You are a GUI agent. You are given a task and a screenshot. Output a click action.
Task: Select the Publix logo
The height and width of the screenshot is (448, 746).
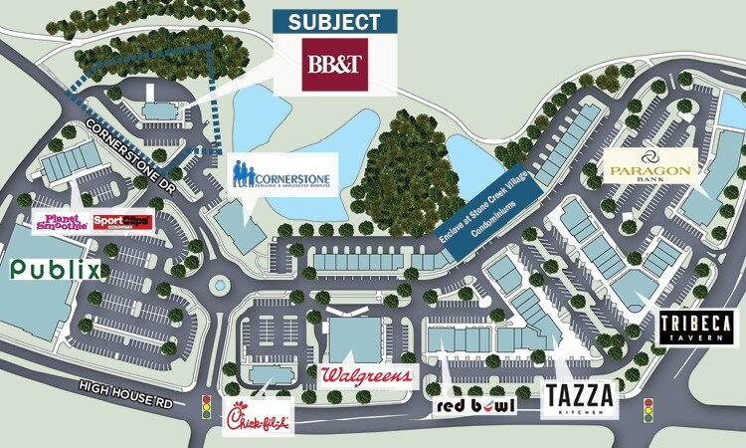(56, 269)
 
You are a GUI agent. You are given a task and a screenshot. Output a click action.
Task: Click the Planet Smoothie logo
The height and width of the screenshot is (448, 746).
(61, 221)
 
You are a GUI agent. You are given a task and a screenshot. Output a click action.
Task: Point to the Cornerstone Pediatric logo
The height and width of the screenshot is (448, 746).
(283, 173)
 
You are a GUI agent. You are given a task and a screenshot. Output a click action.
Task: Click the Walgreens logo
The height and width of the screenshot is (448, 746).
(366, 376)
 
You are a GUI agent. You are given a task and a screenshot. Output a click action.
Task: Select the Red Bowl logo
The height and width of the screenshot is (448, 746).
(473, 406)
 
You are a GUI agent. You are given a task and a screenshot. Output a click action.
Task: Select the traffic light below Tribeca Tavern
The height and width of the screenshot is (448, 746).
(649, 408)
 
